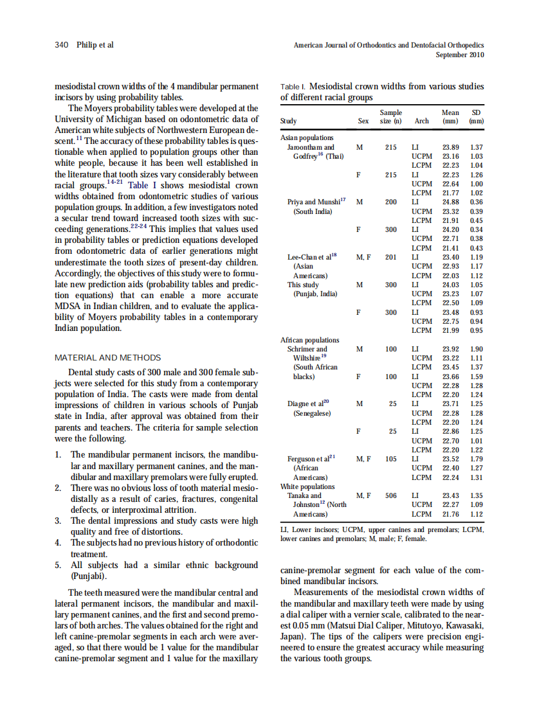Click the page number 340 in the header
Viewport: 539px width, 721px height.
62,45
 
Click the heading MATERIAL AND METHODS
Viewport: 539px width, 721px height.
108,357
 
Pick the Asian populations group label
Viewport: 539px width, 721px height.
307,138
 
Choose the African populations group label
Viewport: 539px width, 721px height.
310,340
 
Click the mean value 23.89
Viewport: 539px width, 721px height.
451,147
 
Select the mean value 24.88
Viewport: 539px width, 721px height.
451,202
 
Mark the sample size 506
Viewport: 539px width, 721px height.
390,495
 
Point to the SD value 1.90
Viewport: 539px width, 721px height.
477,349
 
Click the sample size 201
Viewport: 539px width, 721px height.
390,257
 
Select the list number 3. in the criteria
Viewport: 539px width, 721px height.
59,521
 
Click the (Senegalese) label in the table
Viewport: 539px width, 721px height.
312,413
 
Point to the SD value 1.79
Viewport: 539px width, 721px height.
477,459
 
